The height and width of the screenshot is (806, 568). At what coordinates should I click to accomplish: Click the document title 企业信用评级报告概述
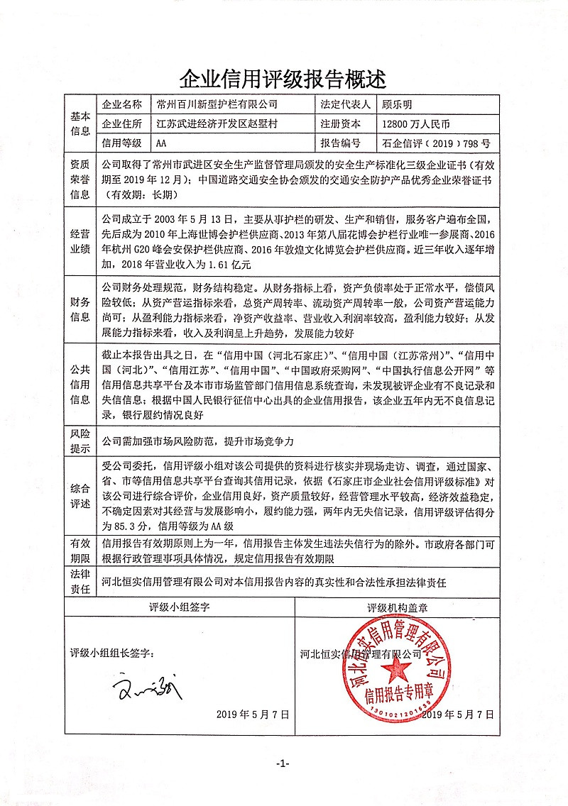click(x=283, y=76)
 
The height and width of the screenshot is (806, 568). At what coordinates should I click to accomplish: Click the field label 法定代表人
click(x=346, y=104)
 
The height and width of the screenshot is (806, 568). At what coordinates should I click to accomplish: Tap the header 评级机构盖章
click(x=402, y=607)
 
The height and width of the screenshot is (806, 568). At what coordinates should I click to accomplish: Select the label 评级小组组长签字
click(x=111, y=653)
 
